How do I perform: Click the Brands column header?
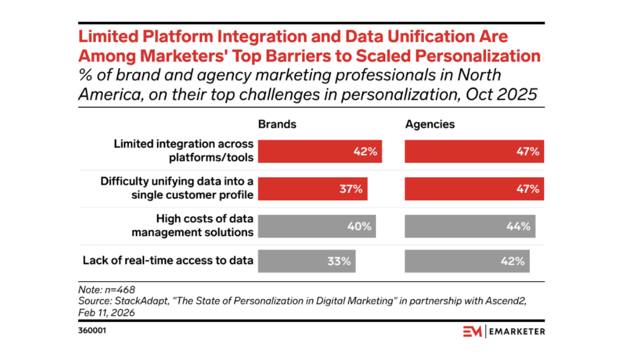tap(277, 124)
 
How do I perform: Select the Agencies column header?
tap(430, 124)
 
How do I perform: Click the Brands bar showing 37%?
tap(312, 189)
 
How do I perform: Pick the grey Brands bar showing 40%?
tap(316, 226)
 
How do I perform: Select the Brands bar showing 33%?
tap(306, 261)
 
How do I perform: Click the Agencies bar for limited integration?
tap(474, 151)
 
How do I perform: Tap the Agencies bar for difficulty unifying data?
tap(474, 189)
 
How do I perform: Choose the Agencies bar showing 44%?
tap(469, 226)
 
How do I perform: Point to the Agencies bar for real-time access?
tap(467, 261)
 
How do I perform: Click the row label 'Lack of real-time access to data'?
tap(168, 260)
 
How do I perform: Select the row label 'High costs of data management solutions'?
tap(192, 226)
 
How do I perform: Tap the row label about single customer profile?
tap(177, 188)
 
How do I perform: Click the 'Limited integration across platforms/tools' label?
tap(184, 151)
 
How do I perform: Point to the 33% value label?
tap(339, 261)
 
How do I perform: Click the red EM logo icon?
tap(472, 331)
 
